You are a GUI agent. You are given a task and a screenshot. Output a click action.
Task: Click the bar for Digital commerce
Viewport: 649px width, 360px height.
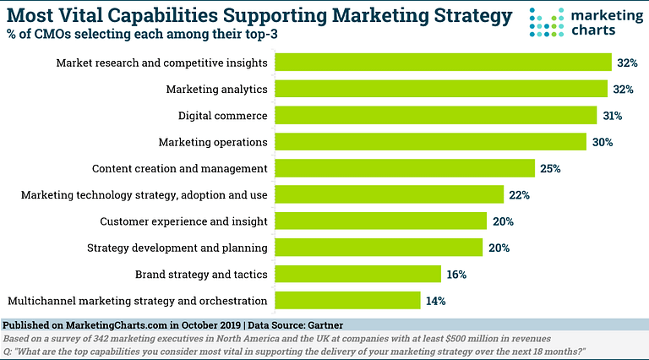pyautogui.click(x=439, y=115)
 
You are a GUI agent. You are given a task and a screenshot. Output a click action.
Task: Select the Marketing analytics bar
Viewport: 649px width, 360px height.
pyautogui.click(x=442, y=89)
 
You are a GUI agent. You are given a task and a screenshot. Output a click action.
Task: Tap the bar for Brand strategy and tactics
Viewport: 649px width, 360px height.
pyautogui.click(x=359, y=274)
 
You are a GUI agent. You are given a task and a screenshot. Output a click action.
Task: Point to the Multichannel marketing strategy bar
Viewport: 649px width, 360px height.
pyautogui.click(x=348, y=300)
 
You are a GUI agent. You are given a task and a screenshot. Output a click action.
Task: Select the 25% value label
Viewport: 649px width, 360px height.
pyautogui.click(x=551, y=168)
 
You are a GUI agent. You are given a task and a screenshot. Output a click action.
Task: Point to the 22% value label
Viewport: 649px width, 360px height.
pyautogui.click(x=520, y=194)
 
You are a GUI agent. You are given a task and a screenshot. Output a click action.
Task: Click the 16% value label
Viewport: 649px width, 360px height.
pyautogui.click(x=457, y=274)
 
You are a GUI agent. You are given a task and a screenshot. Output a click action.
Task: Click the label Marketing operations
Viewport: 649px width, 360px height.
pyautogui.click(x=213, y=141)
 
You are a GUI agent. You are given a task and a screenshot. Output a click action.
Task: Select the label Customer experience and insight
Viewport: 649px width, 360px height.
pyautogui.click(x=183, y=221)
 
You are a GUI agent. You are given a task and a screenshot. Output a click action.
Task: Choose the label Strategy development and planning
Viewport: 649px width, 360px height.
pyautogui.click(x=177, y=248)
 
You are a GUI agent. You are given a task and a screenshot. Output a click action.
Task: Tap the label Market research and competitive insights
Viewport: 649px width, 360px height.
pyautogui.click(x=161, y=63)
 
